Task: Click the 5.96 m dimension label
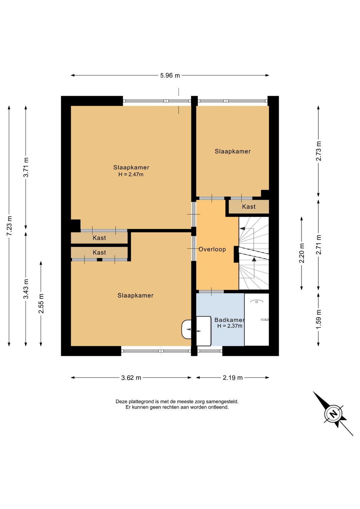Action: (170, 75)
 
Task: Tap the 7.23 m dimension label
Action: (9, 226)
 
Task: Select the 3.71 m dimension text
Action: (26, 167)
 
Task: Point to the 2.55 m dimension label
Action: (41, 304)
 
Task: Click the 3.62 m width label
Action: (131, 378)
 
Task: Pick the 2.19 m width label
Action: (233, 378)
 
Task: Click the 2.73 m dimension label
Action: (319, 151)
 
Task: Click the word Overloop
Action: (212, 249)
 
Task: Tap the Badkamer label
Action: (229, 320)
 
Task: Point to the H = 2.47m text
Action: (131, 174)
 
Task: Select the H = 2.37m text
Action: (230, 326)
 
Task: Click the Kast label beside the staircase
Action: (249, 206)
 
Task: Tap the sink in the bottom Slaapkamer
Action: (186, 329)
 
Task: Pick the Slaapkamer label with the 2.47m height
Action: (131, 167)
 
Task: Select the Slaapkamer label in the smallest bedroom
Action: (233, 151)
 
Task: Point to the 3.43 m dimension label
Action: (26, 289)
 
